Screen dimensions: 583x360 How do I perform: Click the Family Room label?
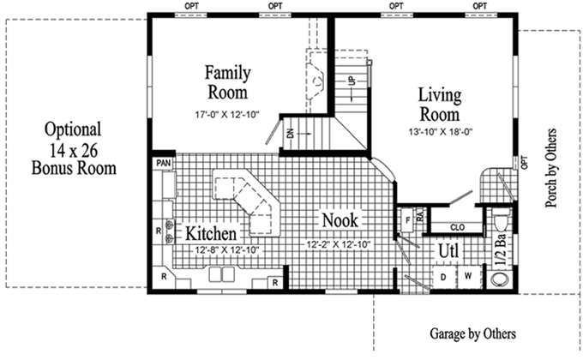pos(227,82)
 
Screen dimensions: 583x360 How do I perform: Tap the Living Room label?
pos(440,105)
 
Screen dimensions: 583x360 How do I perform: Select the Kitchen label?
pos(211,233)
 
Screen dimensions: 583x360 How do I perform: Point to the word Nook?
pos(340,220)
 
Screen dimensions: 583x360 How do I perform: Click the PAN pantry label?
pos(163,163)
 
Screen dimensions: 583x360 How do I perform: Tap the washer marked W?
pos(468,276)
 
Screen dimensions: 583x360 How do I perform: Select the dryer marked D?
pos(443,277)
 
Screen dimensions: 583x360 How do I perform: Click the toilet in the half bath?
pos(502,219)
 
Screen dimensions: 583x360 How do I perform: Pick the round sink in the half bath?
pos(501,279)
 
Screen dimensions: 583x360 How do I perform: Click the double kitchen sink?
pos(221,274)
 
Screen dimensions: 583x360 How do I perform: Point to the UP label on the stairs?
pos(352,81)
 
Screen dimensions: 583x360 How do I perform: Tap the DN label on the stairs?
pos(291,133)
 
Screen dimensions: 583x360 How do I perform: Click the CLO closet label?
pos(457,227)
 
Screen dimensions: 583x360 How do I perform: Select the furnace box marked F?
pos(407,220)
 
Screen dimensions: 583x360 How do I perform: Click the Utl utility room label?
pos(448,250)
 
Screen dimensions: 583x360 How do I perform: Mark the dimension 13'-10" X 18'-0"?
pos(441,132)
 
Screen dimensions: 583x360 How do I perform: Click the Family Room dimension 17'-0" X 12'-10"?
pos(227,115)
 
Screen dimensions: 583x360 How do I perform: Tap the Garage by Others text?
pos(473,333)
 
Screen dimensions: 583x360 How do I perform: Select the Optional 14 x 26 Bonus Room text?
pos(74,148)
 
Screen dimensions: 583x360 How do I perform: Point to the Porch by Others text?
pos(550,168)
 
